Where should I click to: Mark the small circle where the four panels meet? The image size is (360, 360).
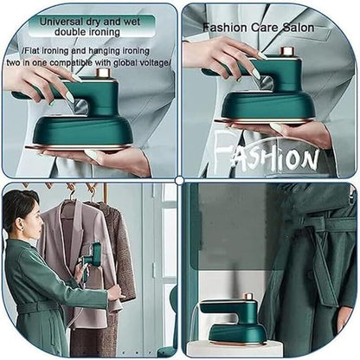(x=179, y=180)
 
